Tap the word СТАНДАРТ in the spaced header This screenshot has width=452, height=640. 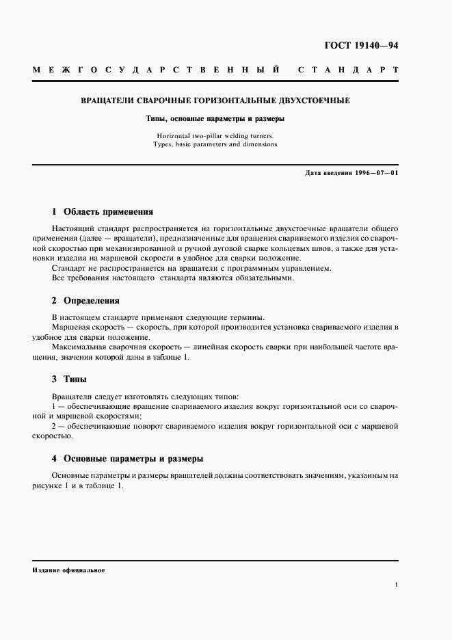(x=348, y=70)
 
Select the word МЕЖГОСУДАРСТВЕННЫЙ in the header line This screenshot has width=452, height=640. (x=157, y=70)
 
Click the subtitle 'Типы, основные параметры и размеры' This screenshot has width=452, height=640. (x=215, y=118)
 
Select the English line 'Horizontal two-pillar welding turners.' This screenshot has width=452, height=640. (x=215, y=135)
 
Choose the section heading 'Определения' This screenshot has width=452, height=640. (x=92, y=300)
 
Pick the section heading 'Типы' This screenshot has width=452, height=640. (x=75, y=379)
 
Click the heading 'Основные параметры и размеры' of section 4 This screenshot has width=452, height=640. (x=133, y=458)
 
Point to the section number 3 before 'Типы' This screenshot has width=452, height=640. (x=55, y=379)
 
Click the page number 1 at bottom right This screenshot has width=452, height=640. (x=396, y=585)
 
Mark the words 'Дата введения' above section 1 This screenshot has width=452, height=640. (x=330, y=174)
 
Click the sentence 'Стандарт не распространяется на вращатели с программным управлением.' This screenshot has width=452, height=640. (x=191, y=268)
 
